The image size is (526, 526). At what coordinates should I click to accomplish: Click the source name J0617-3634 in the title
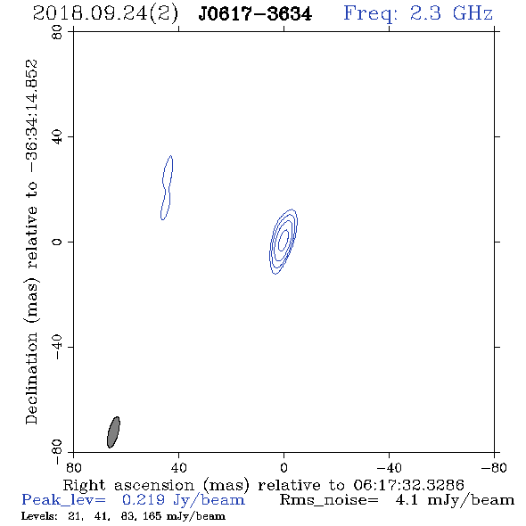click(255, 14)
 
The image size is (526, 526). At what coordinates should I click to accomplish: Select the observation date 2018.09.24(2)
click(105, 14)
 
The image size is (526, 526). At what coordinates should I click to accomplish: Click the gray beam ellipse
click(113, 432)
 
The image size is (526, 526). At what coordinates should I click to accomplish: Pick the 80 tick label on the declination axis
click(57, 32)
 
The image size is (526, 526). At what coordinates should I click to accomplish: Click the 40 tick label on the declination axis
click(57, 137)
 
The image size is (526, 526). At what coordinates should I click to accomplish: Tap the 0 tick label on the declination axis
click(57, 242)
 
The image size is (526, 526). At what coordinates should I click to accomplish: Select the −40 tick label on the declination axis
click(57, 347)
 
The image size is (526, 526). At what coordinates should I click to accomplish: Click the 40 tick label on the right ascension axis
click(178, 468)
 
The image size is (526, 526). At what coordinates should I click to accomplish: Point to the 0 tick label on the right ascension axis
click(284, 468)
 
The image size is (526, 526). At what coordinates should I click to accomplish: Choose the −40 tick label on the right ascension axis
click(389, 468)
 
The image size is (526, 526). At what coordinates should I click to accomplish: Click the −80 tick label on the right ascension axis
click(494, 468)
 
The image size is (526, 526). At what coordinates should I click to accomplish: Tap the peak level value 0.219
click(144, 500)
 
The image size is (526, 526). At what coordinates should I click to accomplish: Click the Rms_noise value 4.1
click(407, 500)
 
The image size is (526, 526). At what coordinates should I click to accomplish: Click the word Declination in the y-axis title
click(31, 378)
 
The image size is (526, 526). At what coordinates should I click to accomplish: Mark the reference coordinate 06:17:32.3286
click(408, 485)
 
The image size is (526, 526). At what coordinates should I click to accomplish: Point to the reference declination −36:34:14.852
click(31, 117)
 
